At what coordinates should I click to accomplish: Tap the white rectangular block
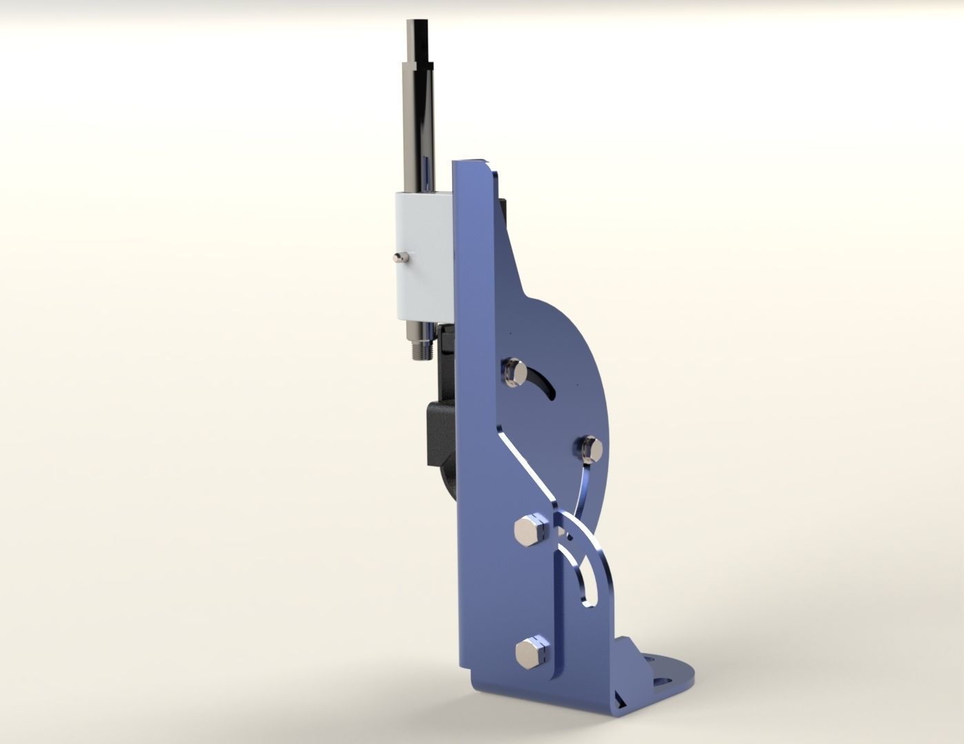click(423, 255)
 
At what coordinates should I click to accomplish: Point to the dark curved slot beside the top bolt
click(545, 384)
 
